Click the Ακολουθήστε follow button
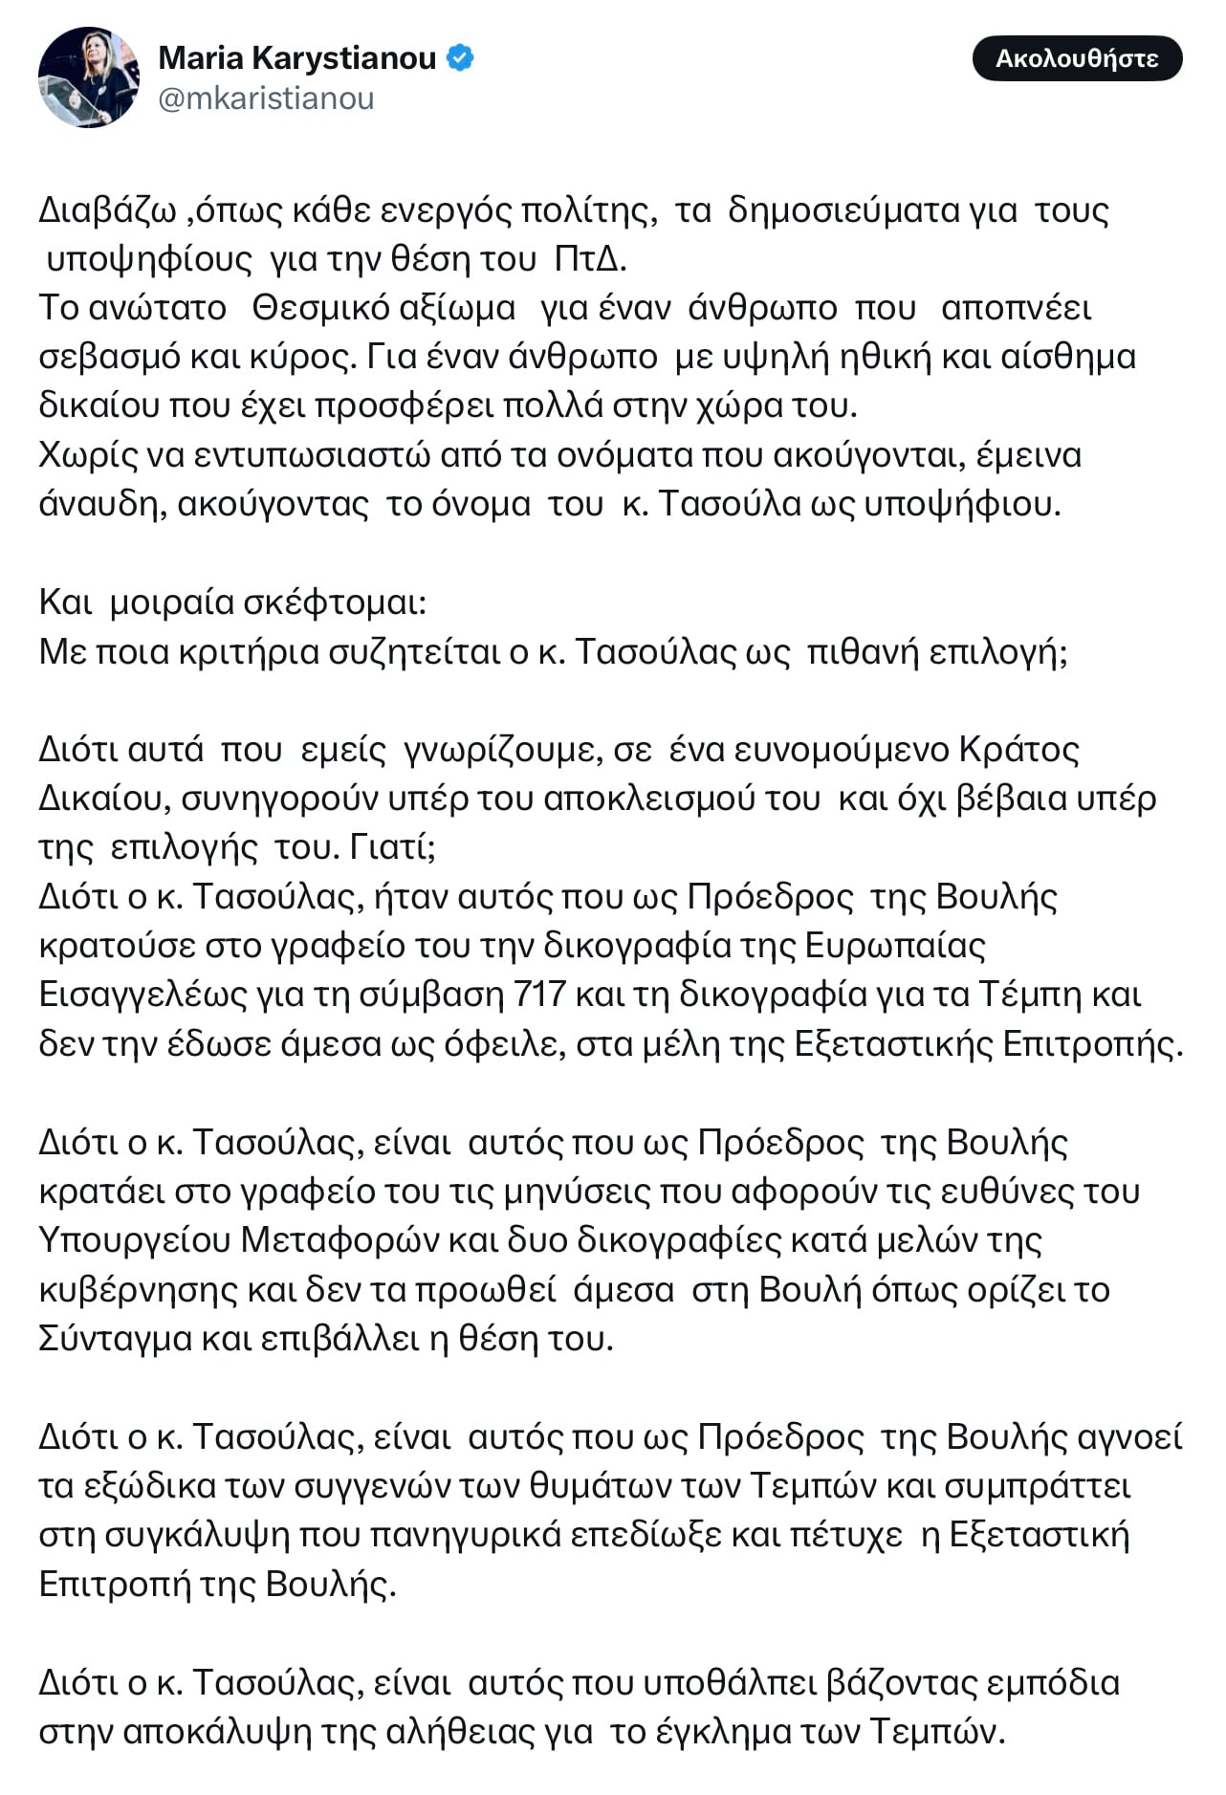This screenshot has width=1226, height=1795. point(1077,58)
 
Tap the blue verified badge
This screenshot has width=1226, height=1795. point(461,58)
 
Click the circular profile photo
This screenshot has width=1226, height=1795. point(88,77)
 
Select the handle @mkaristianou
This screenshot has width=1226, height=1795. point(266,99)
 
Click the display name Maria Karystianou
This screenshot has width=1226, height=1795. point(296,58)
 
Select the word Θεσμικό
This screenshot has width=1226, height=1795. point(319,308)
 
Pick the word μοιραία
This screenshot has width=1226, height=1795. point(171,602)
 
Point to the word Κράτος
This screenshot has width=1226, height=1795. point(1019,749)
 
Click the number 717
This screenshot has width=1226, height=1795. point(540,995)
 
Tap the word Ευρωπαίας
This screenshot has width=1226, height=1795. point(895,945)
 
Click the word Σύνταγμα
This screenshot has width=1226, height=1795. point(115,1338)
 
